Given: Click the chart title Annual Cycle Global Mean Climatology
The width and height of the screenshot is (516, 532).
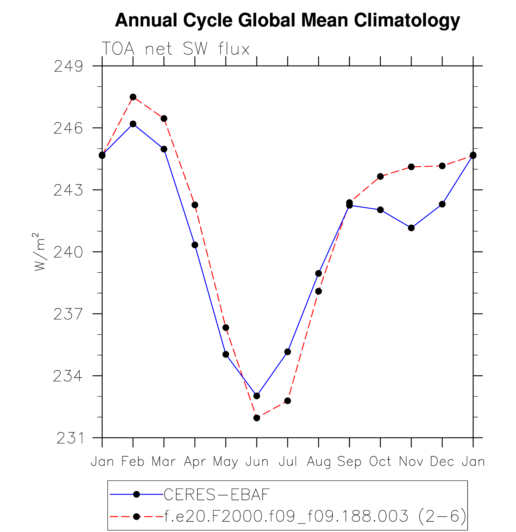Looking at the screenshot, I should click(287, 21).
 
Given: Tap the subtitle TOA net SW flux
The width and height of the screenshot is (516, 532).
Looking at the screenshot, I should click(176, 49).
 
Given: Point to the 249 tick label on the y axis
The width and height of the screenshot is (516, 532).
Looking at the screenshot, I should click(68, 66).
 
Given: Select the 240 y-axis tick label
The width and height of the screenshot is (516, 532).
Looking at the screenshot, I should click(68, 252).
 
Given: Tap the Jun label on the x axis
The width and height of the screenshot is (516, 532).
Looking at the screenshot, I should click(257, 462).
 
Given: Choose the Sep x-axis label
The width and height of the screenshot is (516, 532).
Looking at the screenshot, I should click(349, 462).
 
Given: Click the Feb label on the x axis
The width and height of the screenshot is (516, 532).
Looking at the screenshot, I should click(133, 462).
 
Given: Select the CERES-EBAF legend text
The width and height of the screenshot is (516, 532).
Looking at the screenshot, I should click(216, 495).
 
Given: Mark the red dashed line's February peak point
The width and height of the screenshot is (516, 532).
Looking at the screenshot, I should click(133, 97).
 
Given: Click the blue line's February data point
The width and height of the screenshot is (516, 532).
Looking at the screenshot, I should click(133, 124).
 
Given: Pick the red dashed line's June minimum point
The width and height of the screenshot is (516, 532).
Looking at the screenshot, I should click(257, 418).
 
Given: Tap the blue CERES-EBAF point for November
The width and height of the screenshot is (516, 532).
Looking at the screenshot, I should click(411, 228).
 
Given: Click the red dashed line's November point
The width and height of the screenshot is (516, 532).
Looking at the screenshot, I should click(411, 167).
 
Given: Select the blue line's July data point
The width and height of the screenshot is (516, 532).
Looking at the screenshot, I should click(288, 352).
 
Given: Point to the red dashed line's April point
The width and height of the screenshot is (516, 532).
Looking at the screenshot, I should click(195, 205).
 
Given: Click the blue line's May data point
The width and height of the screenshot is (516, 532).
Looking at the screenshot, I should click(226, 354).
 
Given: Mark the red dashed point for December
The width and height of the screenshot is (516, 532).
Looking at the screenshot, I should click(442, 166).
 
